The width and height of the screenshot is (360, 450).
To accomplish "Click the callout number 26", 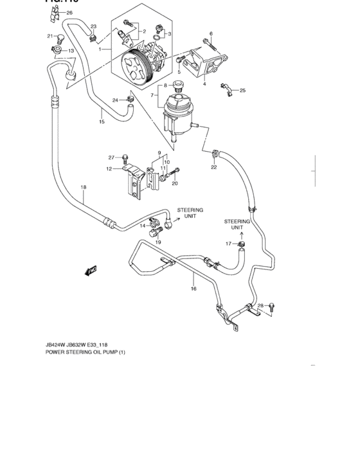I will (69, 13).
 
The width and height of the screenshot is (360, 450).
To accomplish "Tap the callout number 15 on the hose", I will (102, 122).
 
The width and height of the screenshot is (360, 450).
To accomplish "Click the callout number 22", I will (213, 168).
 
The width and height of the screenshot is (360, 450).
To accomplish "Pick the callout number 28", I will (260, 306).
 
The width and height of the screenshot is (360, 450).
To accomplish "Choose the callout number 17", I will (228, 243).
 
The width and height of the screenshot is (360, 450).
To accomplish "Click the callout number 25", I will (242, 91).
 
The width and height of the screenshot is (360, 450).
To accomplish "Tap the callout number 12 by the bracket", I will (109, 169).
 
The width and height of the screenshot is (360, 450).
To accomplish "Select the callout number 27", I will (111, 157).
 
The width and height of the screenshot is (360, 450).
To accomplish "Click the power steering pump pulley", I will (138, 66).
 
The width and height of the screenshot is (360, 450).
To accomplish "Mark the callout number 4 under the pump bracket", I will (204, 84).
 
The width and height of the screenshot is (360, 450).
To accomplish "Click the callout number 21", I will (50, 36).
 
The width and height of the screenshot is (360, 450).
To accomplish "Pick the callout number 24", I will (115, 100).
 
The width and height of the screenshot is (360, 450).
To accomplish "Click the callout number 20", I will (174, 183).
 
